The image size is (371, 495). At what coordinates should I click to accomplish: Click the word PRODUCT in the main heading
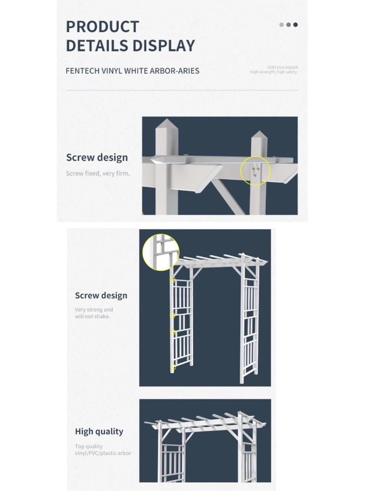[x=102, y=27]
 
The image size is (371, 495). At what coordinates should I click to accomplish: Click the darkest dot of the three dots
[x=295, y=25]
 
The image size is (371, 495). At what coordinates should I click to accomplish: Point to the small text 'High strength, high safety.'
[x=274, y=72]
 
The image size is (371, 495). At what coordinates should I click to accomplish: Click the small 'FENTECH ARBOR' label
[x=282, y=68]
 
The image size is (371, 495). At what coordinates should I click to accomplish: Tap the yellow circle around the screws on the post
[x=255, y=171]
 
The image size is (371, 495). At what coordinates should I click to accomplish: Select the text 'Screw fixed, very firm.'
[x=98, y=173]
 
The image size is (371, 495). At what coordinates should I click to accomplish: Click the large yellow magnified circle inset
[x=161, y=252]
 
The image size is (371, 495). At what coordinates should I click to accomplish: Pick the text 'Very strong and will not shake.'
[x=94, y=313]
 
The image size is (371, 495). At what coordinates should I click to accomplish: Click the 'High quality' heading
[x=99, y=432]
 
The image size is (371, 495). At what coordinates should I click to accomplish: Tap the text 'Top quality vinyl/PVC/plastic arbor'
[x=103, y=450]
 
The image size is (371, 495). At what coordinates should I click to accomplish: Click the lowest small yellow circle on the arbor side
[x=173, y=368]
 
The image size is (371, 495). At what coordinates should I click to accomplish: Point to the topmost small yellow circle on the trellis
[x=173, y=280]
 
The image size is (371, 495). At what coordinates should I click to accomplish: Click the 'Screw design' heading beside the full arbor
[x=101, y=296]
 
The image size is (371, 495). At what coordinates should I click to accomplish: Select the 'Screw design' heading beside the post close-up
[x=97, y=157]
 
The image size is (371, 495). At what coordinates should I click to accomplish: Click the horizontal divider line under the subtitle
[x=182, y=90]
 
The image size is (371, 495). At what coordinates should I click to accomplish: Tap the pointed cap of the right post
[x=259, y=135]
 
